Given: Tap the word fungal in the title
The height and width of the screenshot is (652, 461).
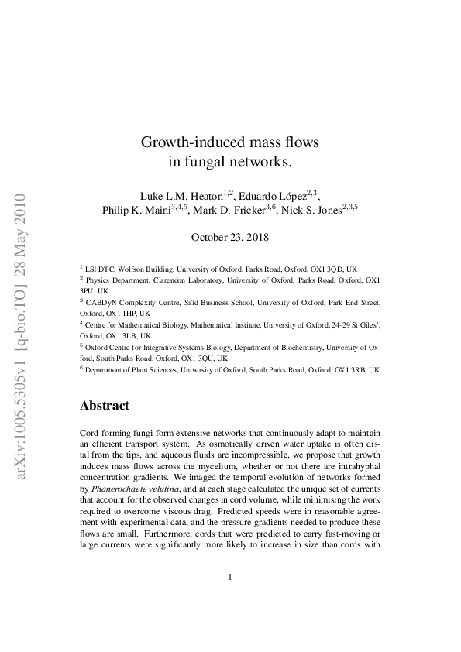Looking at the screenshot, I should click(x=205, y=162).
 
